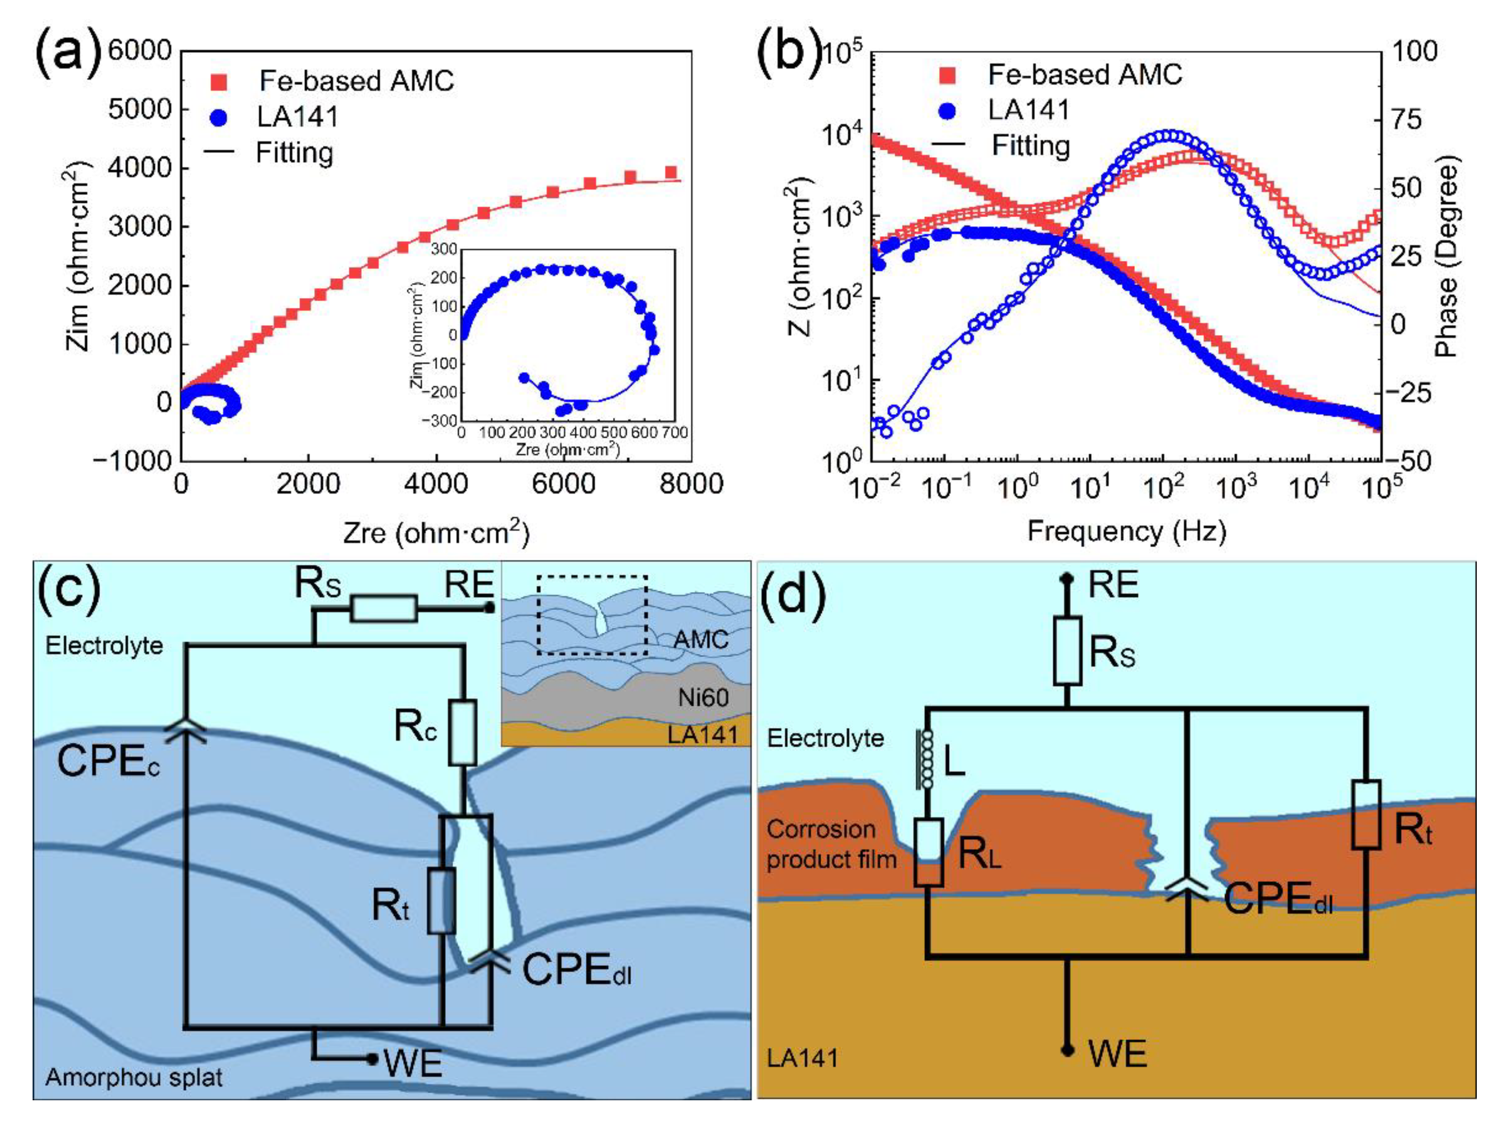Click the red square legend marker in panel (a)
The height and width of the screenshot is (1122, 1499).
point(219,82)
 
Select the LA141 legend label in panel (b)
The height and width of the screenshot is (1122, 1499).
point(1028,110)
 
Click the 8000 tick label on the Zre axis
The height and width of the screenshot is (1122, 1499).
point(691,484)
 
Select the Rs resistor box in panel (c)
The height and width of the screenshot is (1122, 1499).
point(383,608)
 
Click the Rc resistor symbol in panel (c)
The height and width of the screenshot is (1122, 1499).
point(463,732)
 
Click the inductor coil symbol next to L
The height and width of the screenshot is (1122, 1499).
point(926,759)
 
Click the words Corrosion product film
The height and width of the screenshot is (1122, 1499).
point(832,844)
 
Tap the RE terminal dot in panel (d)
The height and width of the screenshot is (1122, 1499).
point(1068,578)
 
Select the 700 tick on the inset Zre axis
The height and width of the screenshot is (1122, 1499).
point(674,432)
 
